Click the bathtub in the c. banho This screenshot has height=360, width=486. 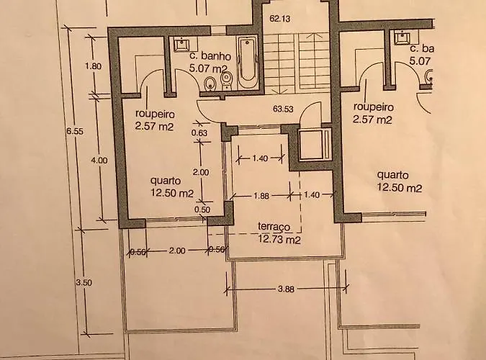coord(247,62)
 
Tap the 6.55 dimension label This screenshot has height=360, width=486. coord(75,132)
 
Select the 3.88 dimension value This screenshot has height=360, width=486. coord(286,289)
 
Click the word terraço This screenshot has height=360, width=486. coord(274,227)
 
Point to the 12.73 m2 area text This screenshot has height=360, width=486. coord(279,240)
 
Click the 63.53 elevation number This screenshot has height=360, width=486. coord(283,109)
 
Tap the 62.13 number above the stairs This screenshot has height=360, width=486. coord(280,19)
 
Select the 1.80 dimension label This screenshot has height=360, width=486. coord(94,66)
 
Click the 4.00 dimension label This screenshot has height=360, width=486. coord(99,161)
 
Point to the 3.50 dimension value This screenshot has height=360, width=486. coord(84,283)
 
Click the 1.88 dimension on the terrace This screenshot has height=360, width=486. coord(261,196)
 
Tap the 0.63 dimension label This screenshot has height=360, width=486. coord(199,133)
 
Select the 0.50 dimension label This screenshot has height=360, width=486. coord(202,210)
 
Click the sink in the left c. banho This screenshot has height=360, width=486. coord(181,44)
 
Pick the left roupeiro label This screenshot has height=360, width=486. coord(155,114)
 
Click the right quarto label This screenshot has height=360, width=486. coord(392,175)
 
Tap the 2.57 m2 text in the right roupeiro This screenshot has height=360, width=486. coord(372,120)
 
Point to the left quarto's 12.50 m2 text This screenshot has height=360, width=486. coord(172,193)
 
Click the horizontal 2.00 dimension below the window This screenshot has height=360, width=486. coord(177,251)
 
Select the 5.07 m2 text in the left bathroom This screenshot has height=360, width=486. coord(208,68)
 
